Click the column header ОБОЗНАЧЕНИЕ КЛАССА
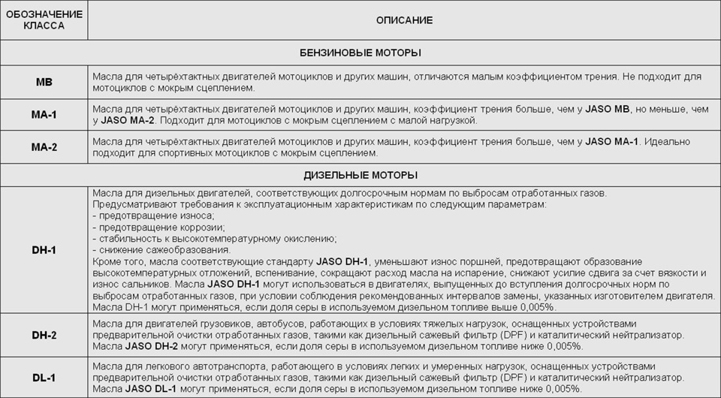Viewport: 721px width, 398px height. point(44,20)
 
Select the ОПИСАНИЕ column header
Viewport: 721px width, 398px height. point(404,20)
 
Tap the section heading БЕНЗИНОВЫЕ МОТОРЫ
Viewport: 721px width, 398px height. point(360,53)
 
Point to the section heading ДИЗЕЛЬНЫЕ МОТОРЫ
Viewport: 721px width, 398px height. point(360,175)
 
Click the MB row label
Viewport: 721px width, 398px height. point(44,83)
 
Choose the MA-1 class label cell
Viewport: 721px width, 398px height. point(44,115)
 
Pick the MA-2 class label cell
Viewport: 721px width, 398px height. point(44,147)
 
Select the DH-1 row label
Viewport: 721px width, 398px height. point(44,249)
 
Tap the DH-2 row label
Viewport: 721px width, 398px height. point(44,335)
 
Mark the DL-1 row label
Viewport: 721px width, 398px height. point(44,378)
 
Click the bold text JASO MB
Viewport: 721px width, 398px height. point(608,109)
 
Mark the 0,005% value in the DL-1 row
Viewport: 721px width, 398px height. point(562,389)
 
